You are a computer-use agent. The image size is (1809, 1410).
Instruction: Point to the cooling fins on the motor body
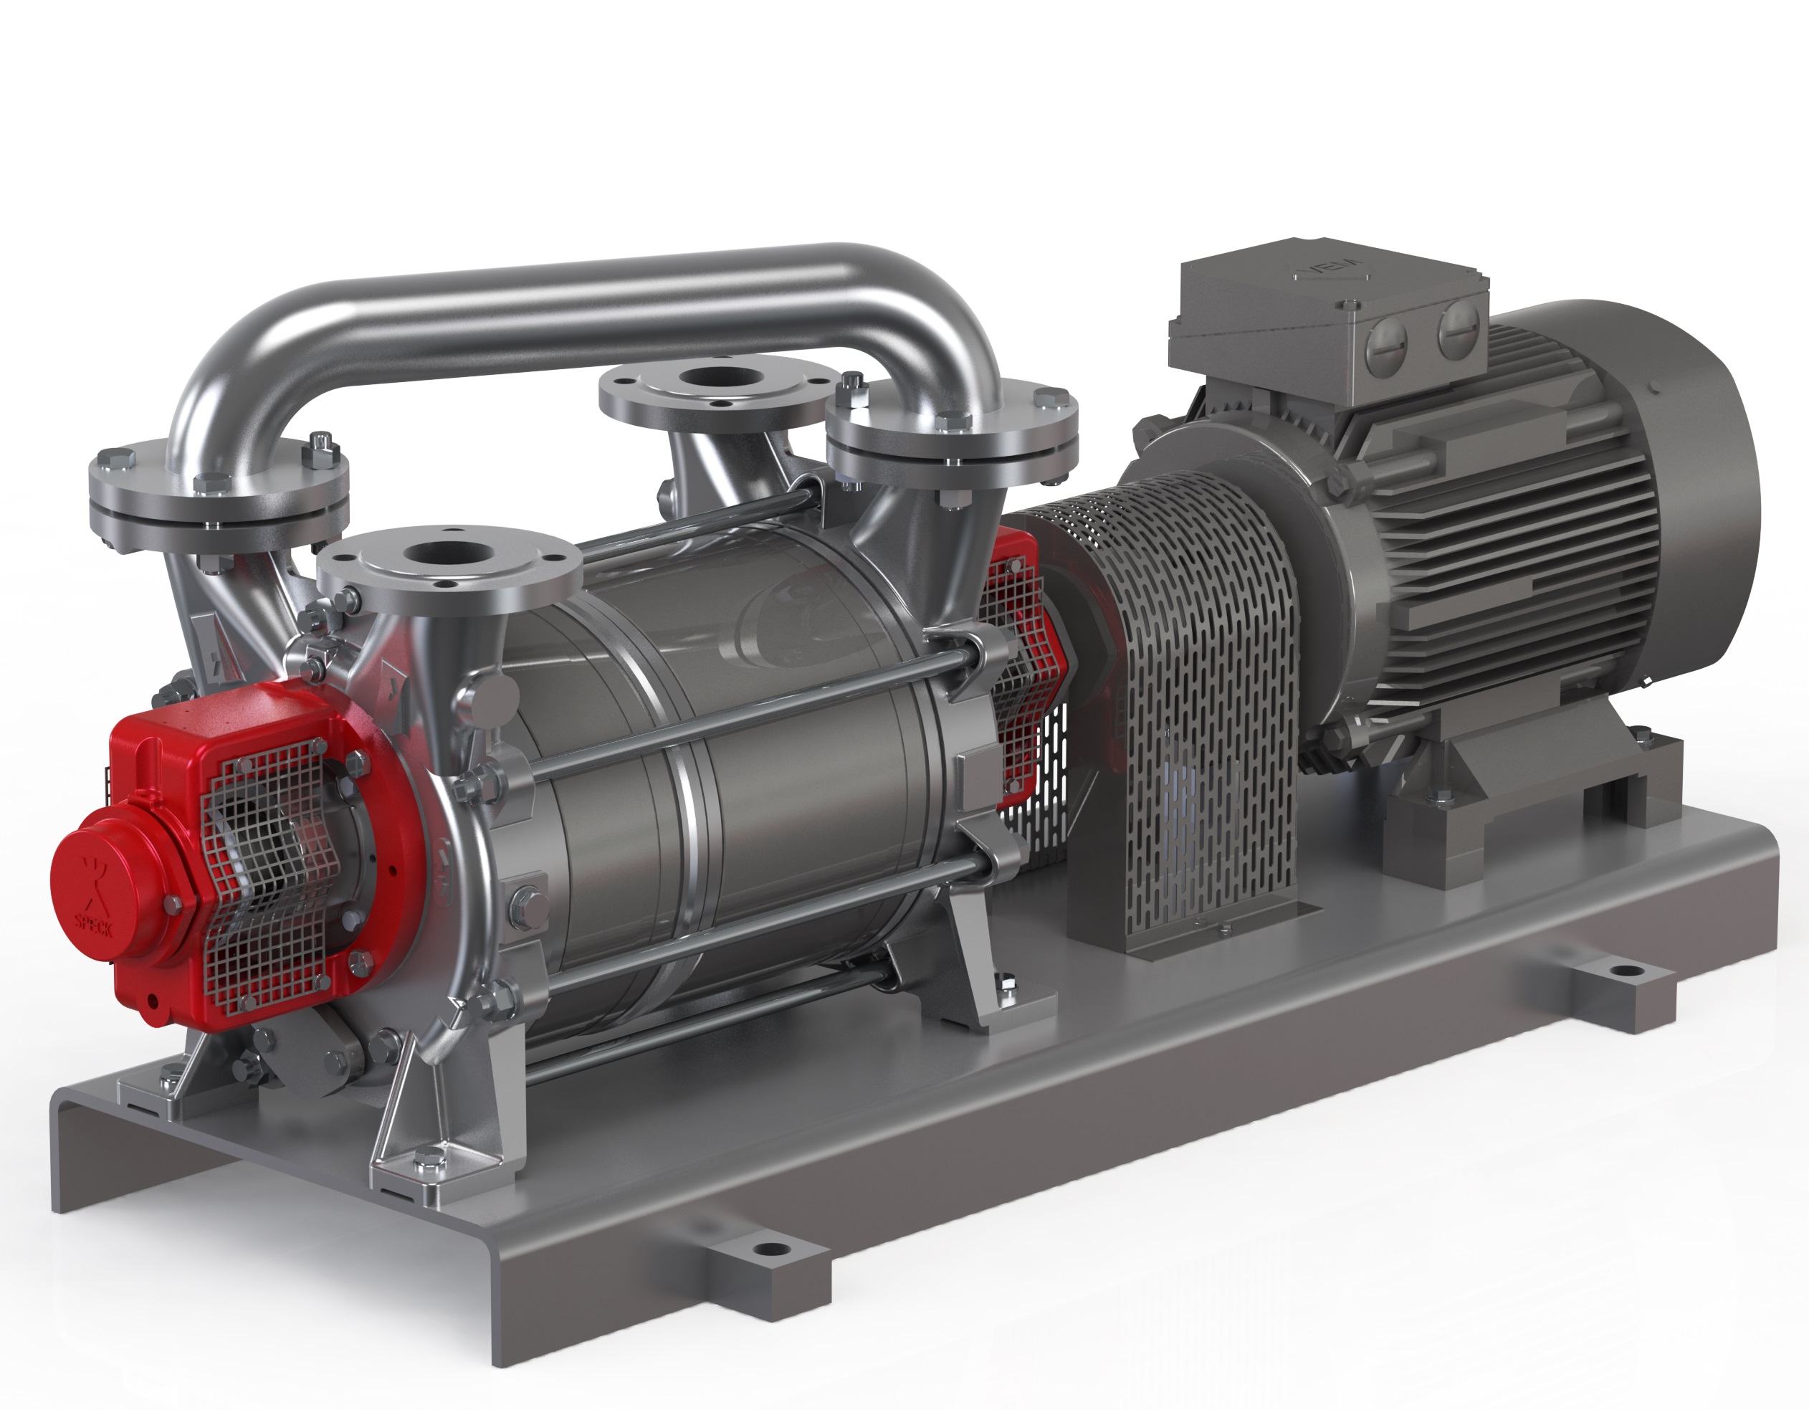coord(1491,538)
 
